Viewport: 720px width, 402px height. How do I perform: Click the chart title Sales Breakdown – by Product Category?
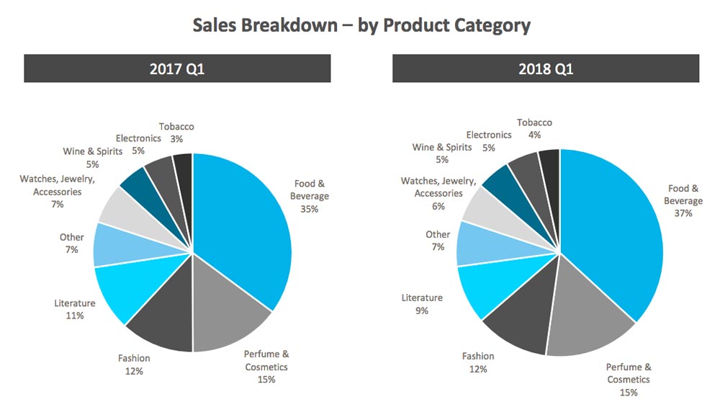(361, 25)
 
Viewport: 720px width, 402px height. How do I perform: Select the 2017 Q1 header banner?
(177, 69)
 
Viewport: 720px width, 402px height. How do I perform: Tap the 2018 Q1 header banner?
(545, 69)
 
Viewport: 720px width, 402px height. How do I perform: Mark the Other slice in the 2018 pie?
(473, 244)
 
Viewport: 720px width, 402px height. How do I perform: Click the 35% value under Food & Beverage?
(310, 209)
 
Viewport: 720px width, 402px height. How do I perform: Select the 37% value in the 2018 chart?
(683, 213)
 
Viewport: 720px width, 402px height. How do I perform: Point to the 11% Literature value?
(75, 316)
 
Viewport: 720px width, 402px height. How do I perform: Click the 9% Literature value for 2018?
(422, 311)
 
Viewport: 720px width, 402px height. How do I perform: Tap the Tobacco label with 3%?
(176, 133)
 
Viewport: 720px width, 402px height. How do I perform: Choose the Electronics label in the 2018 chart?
(489, 135)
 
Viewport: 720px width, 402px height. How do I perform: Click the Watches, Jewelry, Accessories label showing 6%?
(438, 193)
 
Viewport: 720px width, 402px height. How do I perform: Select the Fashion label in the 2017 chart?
(134, 358)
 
